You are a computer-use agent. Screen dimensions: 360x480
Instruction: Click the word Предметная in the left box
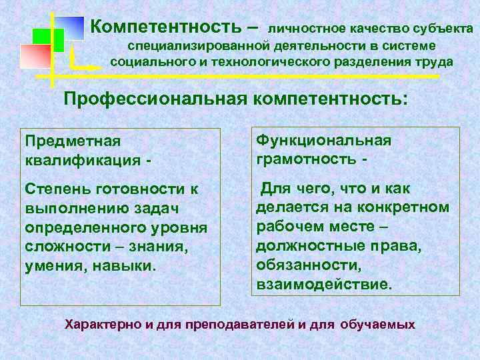(73, 141)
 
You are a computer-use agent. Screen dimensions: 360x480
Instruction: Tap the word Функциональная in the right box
(323, 141)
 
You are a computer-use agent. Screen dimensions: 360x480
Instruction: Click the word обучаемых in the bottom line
(377, 326)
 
